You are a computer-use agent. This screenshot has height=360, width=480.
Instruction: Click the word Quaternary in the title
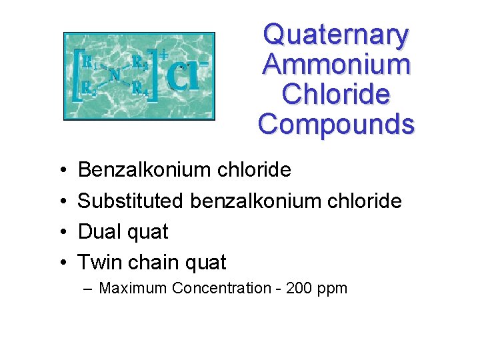click(336, 35)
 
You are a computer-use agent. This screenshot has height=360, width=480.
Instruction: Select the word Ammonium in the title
click(336, 65)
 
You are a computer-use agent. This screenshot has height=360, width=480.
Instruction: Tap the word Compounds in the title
click(336, 123)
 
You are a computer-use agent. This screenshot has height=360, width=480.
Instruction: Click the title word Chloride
click(336, 94)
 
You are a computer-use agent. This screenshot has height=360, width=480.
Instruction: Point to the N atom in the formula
click(114, 74)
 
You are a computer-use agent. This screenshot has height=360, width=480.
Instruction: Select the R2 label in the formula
click(89, 87)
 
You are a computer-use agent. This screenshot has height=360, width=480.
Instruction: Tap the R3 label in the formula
click(139, 61)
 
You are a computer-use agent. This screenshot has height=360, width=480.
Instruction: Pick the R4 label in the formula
click(139, 87)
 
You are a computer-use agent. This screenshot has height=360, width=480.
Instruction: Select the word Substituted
click(131, 201)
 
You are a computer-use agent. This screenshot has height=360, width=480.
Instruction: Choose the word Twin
click(99, 263)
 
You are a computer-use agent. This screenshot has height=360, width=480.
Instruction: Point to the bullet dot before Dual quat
click(61, 233)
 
